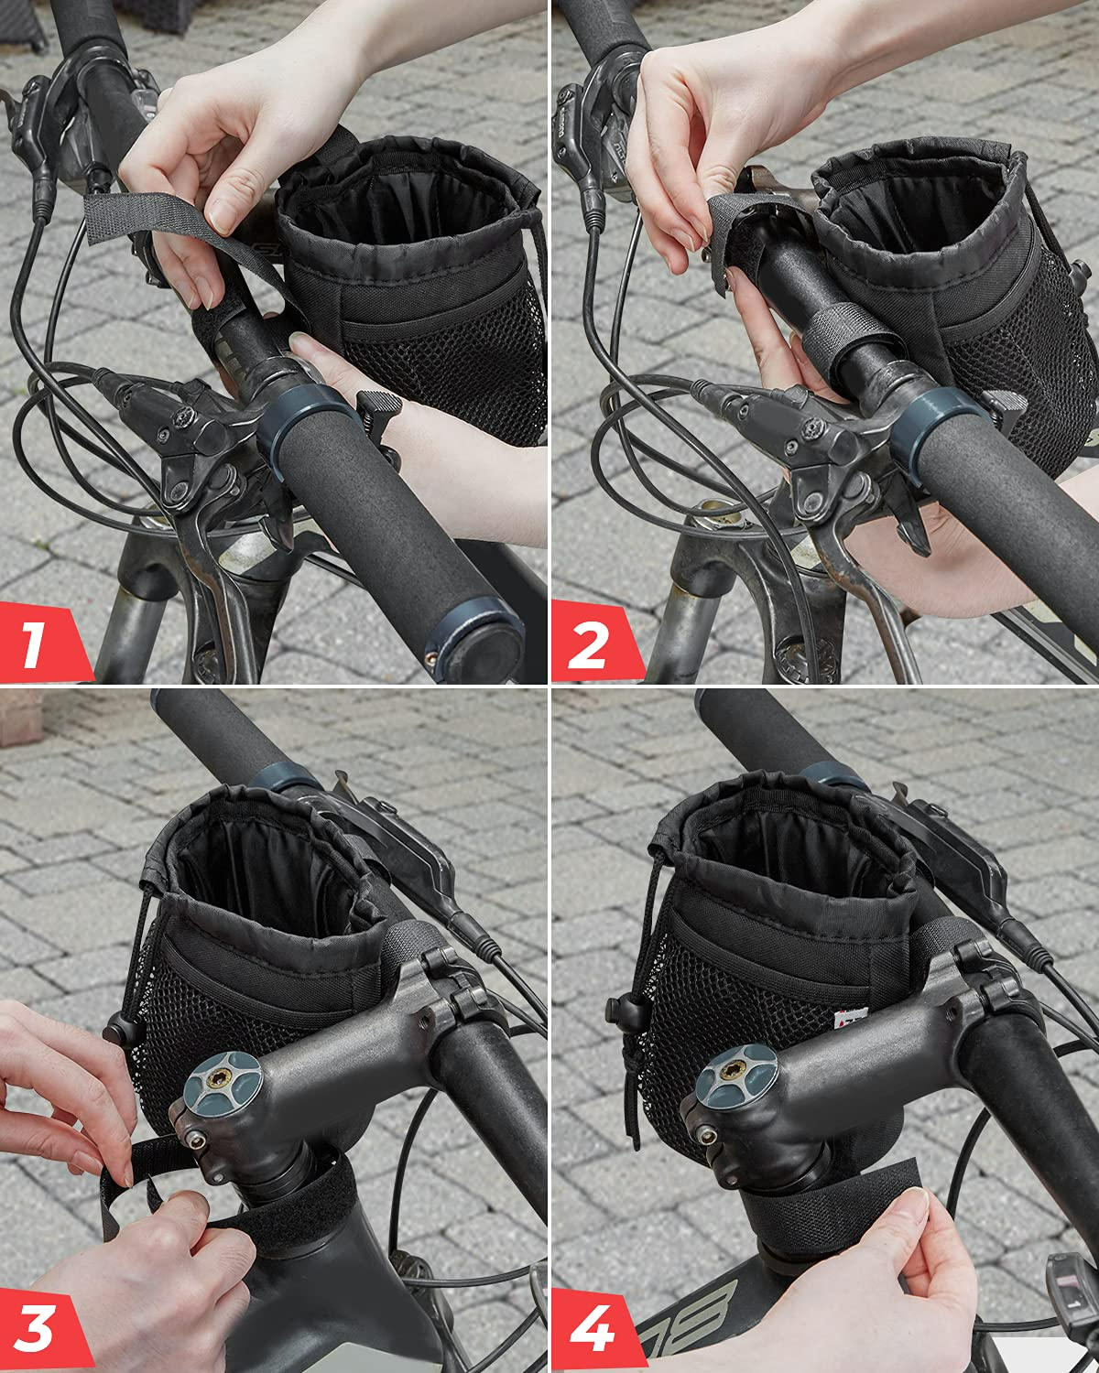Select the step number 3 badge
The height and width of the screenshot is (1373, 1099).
pos(37,1330)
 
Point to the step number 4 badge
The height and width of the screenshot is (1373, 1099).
pos(591,1330)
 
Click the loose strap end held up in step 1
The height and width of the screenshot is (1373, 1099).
pos(137,220)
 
